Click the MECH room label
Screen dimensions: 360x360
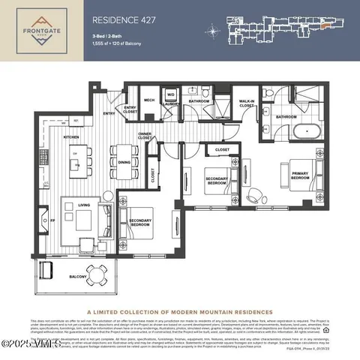click(149, 99)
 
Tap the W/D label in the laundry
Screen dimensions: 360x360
click(170, 94)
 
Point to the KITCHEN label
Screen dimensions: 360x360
click(70, 138)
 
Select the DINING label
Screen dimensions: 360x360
click(124, 161)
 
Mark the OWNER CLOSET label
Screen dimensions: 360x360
click(145, 136)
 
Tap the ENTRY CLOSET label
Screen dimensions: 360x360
click(130, 110)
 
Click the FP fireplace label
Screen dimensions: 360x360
click(42, 221)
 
